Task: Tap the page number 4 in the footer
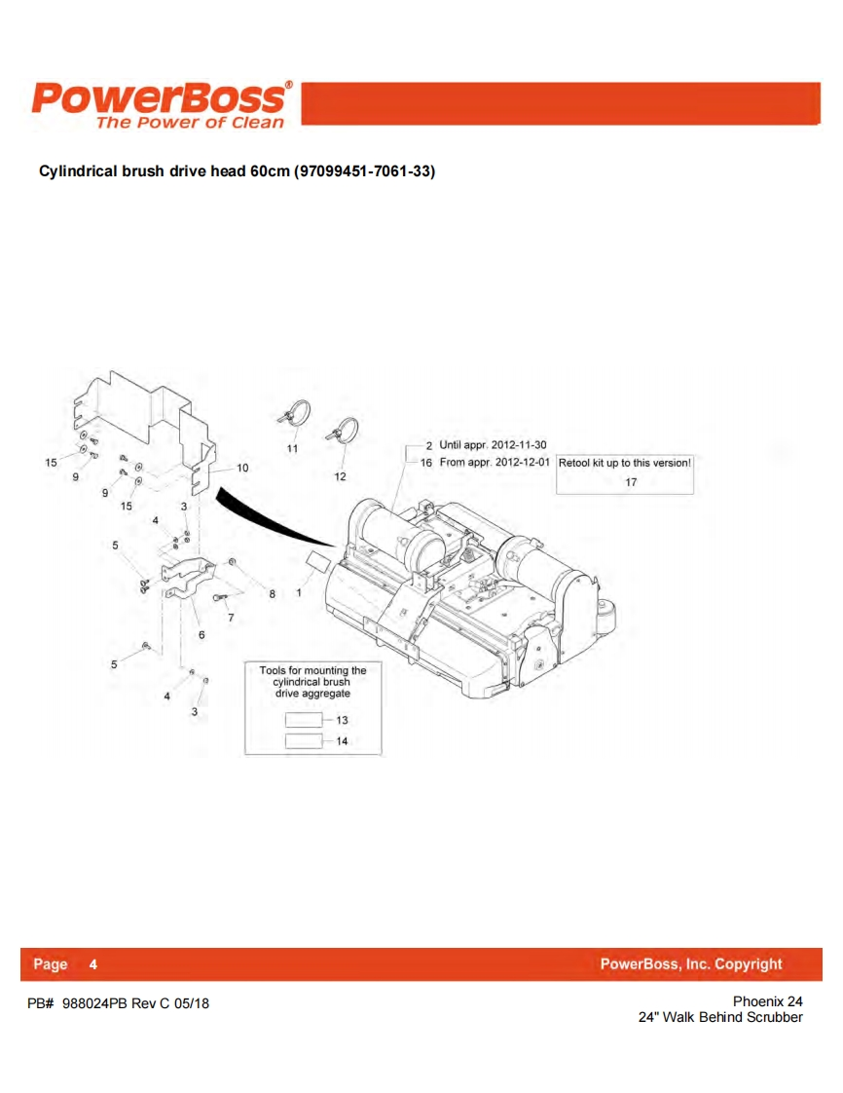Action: pyautogui.click(x=92, y=964)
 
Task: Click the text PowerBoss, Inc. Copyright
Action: pyautogui.click(x=690, y=964)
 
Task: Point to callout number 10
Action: pyautogui.click(x=242, y=468)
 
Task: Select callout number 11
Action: pyautogui.click(x=292, y=448)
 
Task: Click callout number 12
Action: pyautogui.click(x=340, y=476)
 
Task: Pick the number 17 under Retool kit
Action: pyautogui.click(x=631, y=482)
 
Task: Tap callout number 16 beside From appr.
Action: pyautogui.click(x=426, y=462)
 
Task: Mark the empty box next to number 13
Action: pyautogui.click(x=303, y=720)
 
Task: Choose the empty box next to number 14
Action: pyautogui.click(x=303, y=741)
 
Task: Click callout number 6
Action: pyautogui.click(x=202, y=634)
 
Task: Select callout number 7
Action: pyautogui.click(x=231, y=617)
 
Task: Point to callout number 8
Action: pyautogui.click(x=273, y=592)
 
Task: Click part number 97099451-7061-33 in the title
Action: pyautogui.click(x=364, y=171)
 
